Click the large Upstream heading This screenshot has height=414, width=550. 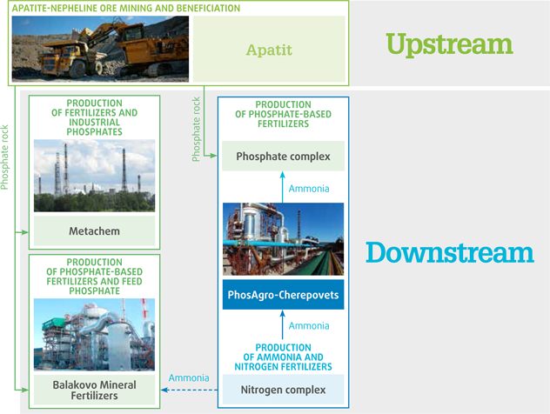[449, 45]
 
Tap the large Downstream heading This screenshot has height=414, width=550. [450, 252]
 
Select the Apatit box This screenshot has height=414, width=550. [269, 49]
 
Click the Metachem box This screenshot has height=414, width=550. [94, 230]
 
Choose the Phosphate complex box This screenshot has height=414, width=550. [283, 156]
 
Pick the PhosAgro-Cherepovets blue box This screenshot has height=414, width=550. [283, 295]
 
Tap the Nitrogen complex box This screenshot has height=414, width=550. [283, 390]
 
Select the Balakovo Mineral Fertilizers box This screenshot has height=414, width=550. [94, 390]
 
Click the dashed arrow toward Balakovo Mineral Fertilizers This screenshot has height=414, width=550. [190, 390]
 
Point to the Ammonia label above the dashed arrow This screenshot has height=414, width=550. [189, 377]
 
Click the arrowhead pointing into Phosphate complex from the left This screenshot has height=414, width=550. [213, 156]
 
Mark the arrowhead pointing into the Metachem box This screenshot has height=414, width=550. [25, 232]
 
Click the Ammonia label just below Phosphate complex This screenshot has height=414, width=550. [309, 189]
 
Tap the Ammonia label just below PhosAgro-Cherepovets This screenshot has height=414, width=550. [309, 325]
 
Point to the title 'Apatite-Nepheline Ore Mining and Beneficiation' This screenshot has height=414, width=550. [126, 8]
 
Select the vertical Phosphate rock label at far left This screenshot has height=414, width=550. [4, 157]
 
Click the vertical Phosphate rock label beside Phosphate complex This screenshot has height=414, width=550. [196, 129]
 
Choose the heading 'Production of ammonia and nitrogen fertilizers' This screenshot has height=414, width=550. [283, 357]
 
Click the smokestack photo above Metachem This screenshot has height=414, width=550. [94, 176]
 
